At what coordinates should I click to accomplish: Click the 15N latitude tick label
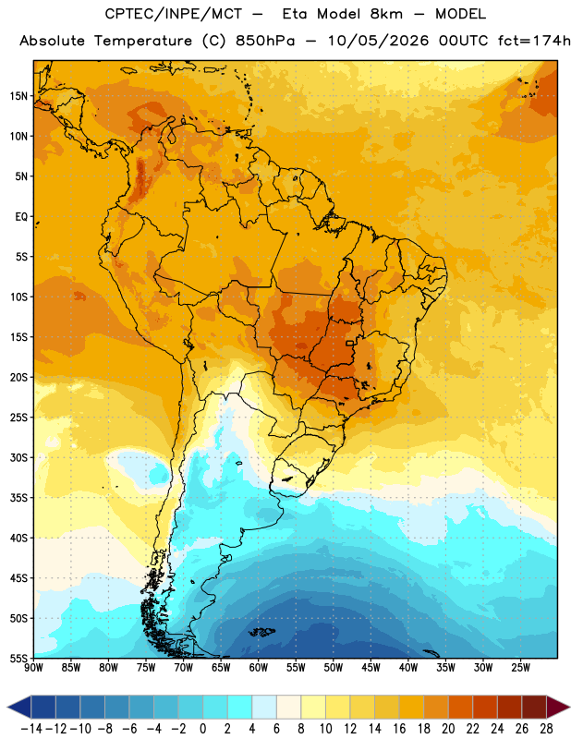click(18, 96)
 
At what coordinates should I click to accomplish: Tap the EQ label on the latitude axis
click(21, 217)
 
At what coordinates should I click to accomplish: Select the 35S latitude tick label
click(18, 498)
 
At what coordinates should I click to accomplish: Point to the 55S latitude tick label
click(18, 658)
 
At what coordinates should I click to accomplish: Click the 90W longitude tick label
click(33, 667)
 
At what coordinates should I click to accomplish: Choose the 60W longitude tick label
click(259, 667)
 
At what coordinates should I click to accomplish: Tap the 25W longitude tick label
click(520, 667)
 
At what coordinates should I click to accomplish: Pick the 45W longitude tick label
click(371, 667)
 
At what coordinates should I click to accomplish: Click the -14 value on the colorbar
click(31, 729)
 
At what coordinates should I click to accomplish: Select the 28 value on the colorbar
click(546, 729)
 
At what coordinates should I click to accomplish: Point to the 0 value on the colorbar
click(202, 729)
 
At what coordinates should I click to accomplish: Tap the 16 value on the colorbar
click(399, 729)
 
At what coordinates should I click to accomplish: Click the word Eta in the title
click(294, 14)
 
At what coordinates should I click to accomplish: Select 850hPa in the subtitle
click(265, 41)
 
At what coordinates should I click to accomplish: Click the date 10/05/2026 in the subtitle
click(378, 41)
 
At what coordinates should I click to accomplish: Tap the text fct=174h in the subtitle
click(534, 41)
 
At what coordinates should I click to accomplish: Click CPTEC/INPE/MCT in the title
click(174, 14)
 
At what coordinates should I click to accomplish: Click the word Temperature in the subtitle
click(143, 42)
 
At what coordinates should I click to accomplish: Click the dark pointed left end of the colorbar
click(18, 707)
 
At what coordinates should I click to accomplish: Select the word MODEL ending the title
click(460, 14)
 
